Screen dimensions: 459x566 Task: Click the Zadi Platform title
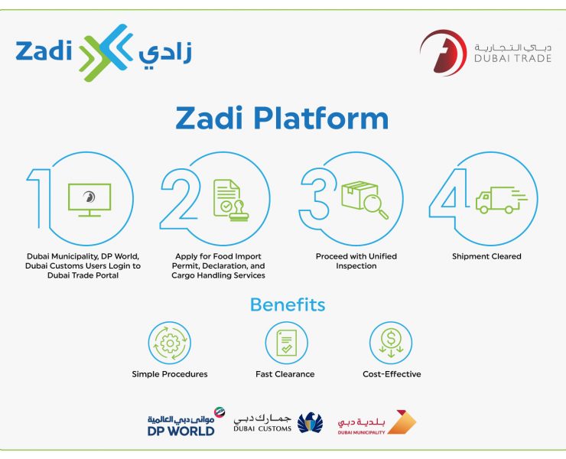coord(281,119)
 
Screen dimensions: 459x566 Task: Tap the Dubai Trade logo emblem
coord(442,52)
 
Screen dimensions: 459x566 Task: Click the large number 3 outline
coord(313,199)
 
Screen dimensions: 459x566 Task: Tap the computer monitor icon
coord(89,198)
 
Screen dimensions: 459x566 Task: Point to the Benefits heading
coord(287,305)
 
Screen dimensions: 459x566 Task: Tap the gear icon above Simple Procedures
coord(169,341)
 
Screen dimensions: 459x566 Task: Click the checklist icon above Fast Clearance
coord(285,341)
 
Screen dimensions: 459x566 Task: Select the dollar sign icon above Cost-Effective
coord(391,341)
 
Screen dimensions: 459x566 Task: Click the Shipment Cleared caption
coord(486,256)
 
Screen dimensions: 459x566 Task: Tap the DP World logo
coord(184,422)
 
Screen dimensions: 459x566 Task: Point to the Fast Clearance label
coord(285,374)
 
